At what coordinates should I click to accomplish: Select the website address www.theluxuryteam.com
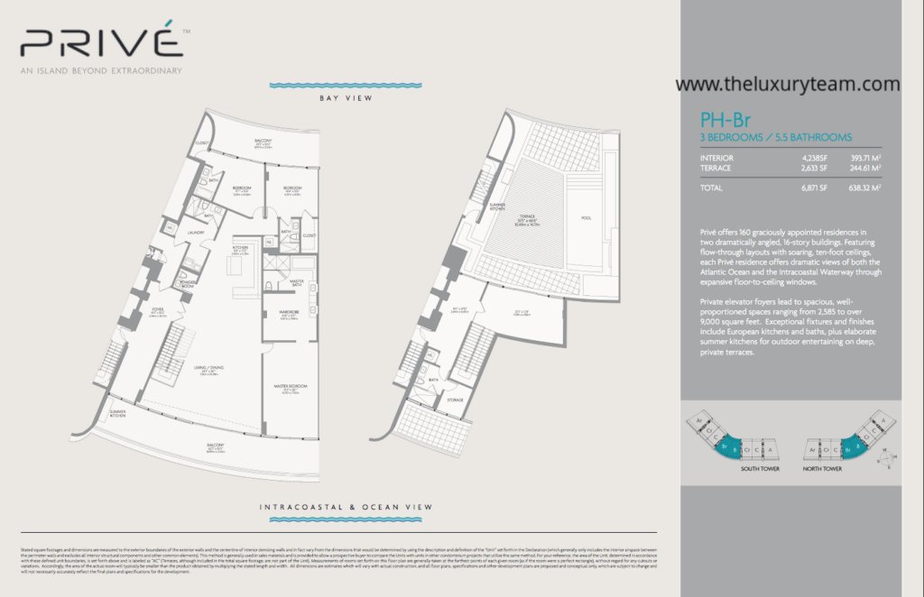point(787,84)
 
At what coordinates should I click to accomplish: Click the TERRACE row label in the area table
point(716,167)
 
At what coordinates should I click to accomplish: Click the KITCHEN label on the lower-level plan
point(240,247)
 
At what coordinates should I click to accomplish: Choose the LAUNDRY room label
point(197,233)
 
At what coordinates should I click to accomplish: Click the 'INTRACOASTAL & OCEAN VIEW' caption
point(346,508)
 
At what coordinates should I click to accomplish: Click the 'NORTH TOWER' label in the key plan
point(823,469)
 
